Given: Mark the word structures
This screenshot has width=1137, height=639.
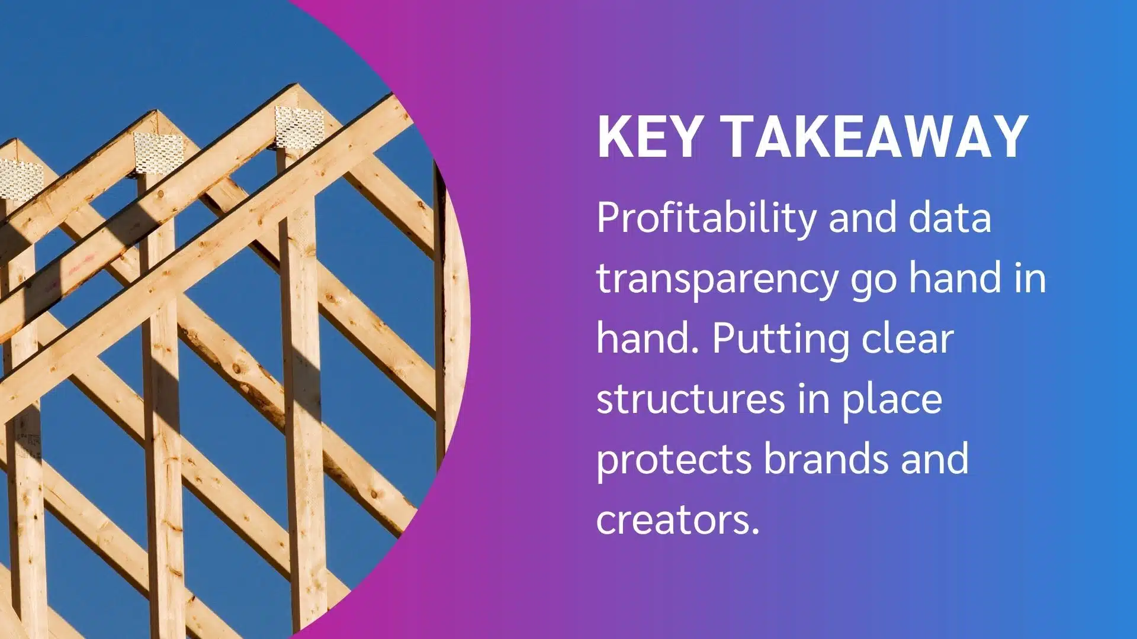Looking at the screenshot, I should pos(690,400).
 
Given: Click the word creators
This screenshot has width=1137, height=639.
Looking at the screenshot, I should pos(677,519).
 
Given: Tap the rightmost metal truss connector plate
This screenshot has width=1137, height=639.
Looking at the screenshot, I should pos(300,127).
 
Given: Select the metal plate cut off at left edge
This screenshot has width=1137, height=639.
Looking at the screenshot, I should pos(21,179).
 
